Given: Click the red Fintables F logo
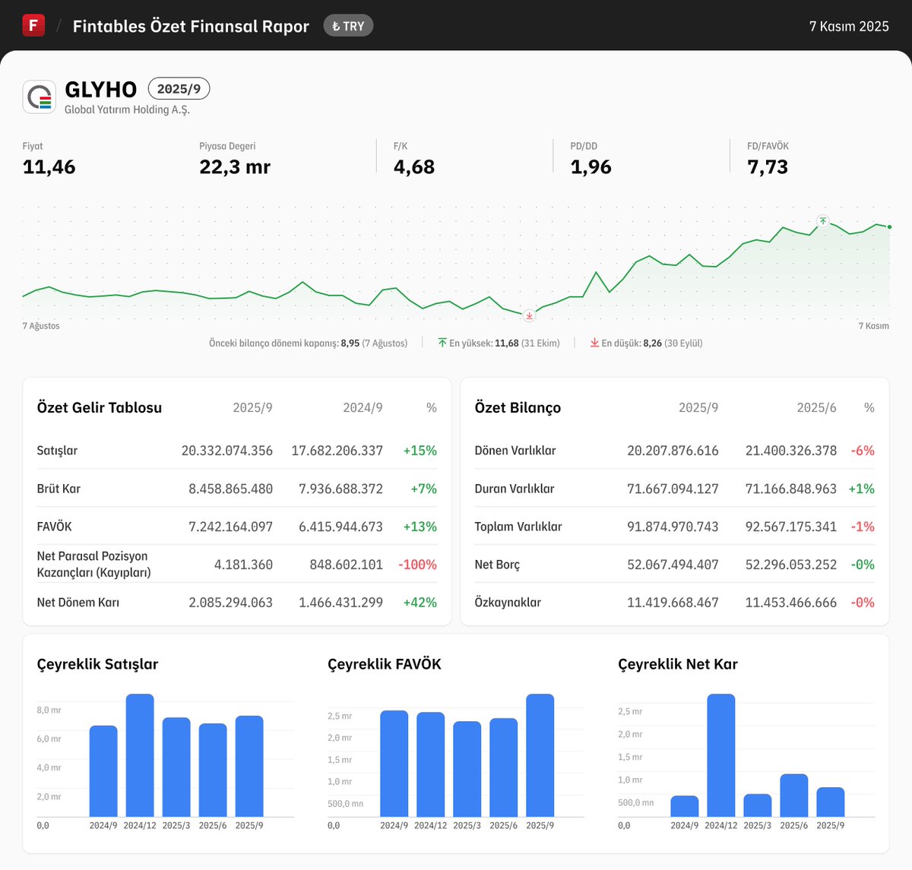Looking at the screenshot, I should coord(33,25).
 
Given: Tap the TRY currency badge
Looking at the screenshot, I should coord(348,26).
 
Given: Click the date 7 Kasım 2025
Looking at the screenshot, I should coord(848,26).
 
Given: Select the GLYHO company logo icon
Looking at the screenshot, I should coord(40,97).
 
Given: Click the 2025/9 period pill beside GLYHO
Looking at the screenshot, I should coord(179,89).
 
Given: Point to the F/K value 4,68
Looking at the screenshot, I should coord(413,167).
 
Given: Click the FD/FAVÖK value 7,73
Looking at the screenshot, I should coord(767,167).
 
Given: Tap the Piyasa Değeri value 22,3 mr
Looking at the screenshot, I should coord(234,167).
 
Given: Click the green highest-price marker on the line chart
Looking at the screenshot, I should coord(822,221).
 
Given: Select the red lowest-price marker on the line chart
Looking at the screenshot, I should coord(530,315).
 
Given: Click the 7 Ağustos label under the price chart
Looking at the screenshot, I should coord(41,326).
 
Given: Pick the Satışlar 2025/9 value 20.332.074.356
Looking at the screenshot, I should coord(226,451).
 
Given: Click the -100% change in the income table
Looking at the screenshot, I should coord(417,565).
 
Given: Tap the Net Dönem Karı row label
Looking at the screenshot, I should coord(78,603).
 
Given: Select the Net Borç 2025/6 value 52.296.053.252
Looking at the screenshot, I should coord(790,565).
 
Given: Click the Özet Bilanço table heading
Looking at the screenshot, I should coord(518,408).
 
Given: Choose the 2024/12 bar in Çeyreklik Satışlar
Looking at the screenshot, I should coord(140,755).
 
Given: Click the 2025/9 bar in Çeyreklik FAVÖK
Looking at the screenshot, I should coord(540,755).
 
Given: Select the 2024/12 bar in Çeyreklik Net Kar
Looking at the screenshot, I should coord(720,755).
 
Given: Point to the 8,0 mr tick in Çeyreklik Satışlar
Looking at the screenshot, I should coord(49,710).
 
